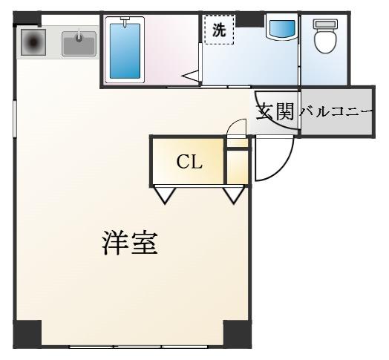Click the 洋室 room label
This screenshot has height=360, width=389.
coord(130,243)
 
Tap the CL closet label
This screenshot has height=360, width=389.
coord(189,163)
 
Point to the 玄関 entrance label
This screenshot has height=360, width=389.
coord(275,111)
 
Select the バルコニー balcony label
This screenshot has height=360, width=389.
coord(336,112)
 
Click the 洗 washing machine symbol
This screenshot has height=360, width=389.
coord(219,30)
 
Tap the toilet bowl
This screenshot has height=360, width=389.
coord(325,41)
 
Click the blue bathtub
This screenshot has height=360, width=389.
coord(125,50)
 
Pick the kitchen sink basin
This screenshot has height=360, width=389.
coord(79,44)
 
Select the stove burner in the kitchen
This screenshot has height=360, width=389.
coord(33,42)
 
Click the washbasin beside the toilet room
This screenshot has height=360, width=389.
coord(282,28)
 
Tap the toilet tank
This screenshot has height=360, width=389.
coord(325,24)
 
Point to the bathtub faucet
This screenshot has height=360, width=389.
coord(125,21)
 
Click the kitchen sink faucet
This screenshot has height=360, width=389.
coord(79,36)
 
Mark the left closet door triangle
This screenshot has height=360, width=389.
coord(165,195)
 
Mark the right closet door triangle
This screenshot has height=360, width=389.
coord(234,195)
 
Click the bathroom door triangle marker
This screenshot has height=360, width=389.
coord(191,76)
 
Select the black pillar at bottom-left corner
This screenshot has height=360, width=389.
coord(27,334)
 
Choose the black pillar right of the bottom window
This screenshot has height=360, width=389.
coord(238,334)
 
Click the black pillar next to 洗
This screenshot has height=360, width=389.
coord(249,19)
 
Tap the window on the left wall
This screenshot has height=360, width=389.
coord(15,119)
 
